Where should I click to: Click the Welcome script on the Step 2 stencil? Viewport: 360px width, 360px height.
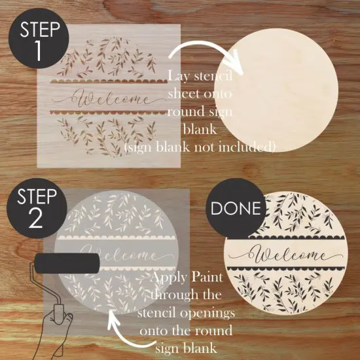click(118, 254)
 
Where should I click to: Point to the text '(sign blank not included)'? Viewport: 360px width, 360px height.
click(200, 147)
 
